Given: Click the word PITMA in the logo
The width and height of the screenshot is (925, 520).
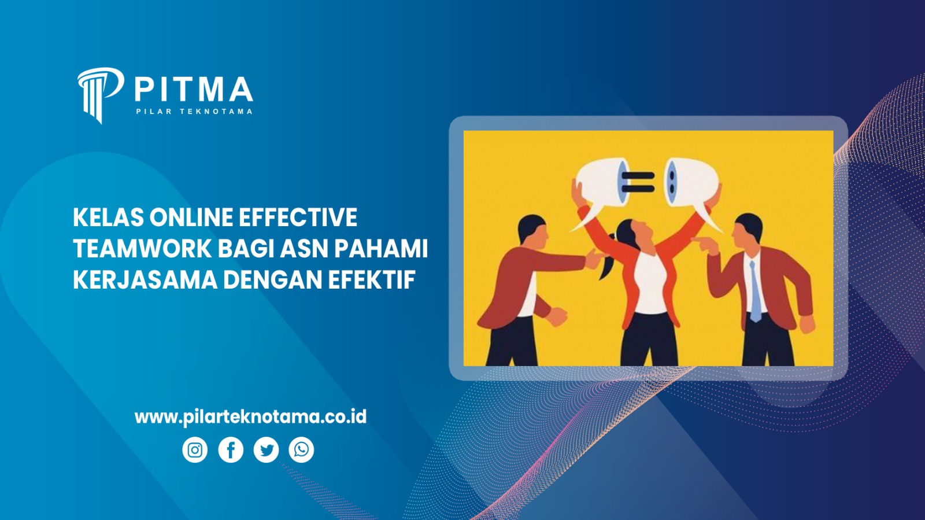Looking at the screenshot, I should (194, 90).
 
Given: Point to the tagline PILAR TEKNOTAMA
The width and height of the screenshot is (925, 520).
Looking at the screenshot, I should (194, 111).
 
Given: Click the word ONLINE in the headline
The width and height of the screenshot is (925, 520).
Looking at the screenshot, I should (191, 217).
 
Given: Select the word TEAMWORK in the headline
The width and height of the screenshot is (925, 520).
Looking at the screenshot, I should (142, 249).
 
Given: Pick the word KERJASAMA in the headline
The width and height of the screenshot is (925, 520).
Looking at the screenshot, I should (145, 280).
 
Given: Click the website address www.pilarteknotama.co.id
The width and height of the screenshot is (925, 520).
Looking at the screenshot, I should (250, 416).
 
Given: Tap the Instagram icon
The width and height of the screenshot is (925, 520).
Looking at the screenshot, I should (195, 450).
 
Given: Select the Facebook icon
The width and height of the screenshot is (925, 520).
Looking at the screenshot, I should (231, 450).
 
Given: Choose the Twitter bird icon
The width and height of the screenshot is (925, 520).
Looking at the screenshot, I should (266, 450).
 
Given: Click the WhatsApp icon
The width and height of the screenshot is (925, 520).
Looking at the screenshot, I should (301, 450).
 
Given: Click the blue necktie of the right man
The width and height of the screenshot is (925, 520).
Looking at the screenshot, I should (754, 292).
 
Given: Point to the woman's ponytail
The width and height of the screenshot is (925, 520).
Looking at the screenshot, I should (607, 266).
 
